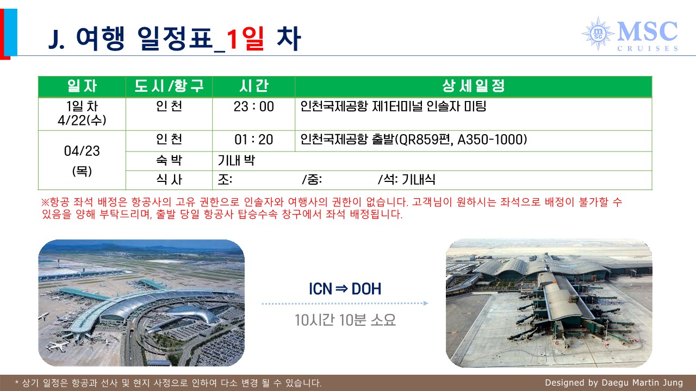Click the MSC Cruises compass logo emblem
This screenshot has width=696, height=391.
pos(598,34)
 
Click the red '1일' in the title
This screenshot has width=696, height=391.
pos(245,39)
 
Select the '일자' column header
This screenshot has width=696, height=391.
pos(82,86)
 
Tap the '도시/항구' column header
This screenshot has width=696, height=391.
pos(169,86)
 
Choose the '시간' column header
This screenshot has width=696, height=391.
pos(253,86)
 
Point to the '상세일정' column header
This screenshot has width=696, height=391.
pos(474,86)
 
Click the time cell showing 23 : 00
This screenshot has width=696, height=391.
pos(253,107)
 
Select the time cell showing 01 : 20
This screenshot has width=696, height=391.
pos(253,140)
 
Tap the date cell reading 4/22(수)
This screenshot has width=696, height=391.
pos(82,121)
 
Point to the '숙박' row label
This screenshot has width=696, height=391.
pos(169,160)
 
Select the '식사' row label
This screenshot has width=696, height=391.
pos(169,180)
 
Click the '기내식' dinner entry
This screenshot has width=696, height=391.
pos(419,180)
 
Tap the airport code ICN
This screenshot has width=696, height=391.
pos(320,289)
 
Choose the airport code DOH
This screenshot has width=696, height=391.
pos(366,289)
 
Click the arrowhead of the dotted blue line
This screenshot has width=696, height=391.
pos(426,303)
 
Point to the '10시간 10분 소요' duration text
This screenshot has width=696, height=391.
pos(345,320)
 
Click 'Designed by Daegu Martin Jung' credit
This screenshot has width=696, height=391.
pos(614,383)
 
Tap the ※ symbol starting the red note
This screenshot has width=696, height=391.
pos(45,203)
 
